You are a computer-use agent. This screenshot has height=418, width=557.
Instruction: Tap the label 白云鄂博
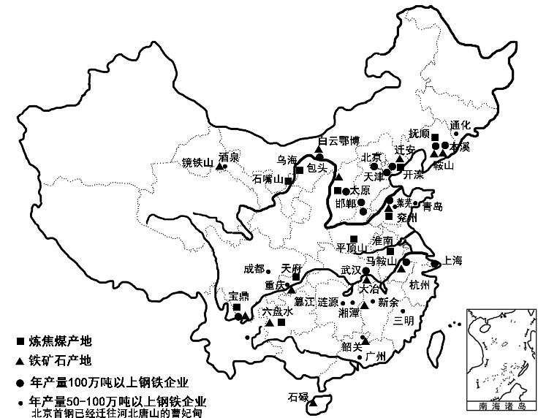(339, 141)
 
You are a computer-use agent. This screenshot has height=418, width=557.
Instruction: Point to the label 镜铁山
(197, 164)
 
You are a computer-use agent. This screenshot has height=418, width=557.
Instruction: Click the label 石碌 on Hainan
(298, 398)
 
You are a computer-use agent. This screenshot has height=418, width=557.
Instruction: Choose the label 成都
(255, 268)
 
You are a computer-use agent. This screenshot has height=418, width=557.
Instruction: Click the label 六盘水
(278, 311)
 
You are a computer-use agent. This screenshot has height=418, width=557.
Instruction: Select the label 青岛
(432, 206)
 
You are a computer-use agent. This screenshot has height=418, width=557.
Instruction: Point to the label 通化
(462, 124)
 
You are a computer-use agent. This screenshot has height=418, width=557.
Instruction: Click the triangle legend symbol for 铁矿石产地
(20, 360)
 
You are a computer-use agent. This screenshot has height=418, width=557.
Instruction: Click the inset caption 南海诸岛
(499, 404)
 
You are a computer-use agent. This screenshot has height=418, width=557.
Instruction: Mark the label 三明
(403, 319)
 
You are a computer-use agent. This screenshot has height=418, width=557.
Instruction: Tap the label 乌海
(287, 161)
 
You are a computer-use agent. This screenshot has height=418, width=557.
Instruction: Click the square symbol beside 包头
(300, 171)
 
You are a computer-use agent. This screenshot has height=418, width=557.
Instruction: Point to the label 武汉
(352, 270)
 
